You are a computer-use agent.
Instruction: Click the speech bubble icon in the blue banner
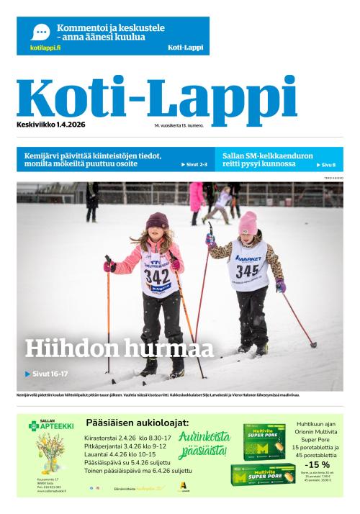pyautogui.click(x=40, y=32)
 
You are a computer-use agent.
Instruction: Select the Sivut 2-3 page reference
pyautogui.click(x=194, y=165)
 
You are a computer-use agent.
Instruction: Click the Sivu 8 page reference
pyautogui.click(x=328, y=165)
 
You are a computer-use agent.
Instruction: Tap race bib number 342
pyautogui.click(x=156, y=277)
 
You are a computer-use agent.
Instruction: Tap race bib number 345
pyautogui.click(x=247, y=271)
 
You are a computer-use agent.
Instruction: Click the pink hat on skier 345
pyautogui.click(x=248, y=222)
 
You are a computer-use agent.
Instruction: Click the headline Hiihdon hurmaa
pyautogui.click(x=120, y=349)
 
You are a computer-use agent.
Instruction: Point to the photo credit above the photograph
pyautogui.click(x=332, y=177)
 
